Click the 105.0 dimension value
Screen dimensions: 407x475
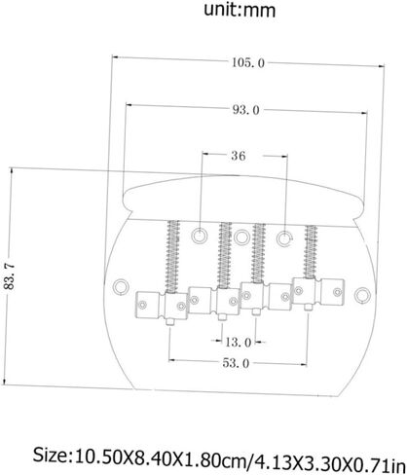pyautogui.click(x=248, y=62)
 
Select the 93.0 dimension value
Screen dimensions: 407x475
pyautogui.click(x=246, y=110)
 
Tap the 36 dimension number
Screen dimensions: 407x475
pyautogui.click(x=239, y=156)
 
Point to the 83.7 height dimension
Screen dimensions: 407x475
pyautogui.click(x=10, y=276)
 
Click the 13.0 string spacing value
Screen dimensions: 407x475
pyautogui.click(x=239, y=342)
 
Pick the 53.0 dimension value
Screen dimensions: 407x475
pyautogui.click(x=236, y=363)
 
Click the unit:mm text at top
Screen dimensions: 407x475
pyautogui.click(x=240, y=10)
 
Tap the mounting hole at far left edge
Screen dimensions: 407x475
pyautogui.click(x=121, y=287)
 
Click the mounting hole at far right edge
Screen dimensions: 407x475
pyautogui.click(x=362, y=295)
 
